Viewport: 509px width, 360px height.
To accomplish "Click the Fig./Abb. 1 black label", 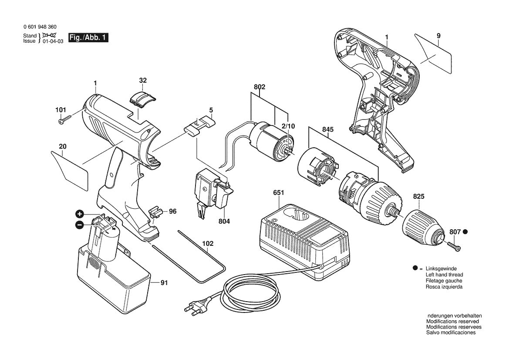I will (88, 38).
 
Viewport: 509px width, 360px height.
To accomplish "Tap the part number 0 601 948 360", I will (40, 27).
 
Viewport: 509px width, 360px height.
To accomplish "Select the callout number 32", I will (143, 80).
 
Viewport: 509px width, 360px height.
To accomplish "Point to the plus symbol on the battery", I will (79, 214).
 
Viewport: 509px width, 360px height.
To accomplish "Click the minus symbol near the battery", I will (79, 225).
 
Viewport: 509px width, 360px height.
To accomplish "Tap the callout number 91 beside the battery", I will (164, 283).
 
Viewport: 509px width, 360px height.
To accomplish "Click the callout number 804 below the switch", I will (224, 221).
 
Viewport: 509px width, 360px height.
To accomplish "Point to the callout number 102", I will (208, 244).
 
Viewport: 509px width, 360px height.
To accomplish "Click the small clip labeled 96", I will (155, 212).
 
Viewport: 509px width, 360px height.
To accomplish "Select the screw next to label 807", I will (453, 246).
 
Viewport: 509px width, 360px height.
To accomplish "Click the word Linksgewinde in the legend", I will (441, 269).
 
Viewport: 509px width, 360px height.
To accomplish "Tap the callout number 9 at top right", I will (438, 35).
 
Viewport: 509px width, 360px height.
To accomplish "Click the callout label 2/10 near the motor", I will (288, 126).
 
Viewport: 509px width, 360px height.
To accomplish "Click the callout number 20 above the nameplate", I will (63, 146).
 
